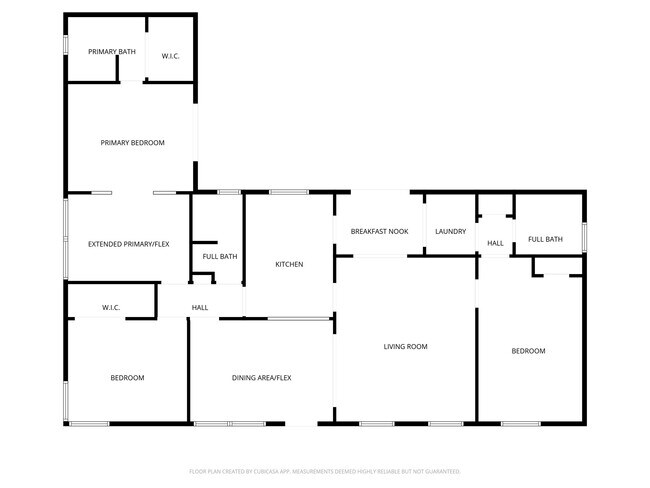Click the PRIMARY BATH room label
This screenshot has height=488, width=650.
pos(112,51)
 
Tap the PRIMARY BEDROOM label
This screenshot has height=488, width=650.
pos(132,143)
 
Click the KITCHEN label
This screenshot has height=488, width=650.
pos(289,264)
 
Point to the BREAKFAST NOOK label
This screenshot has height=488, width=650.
pos(378,232)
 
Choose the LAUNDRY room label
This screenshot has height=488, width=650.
pos(450,232)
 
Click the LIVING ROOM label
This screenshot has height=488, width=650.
pos(405,347)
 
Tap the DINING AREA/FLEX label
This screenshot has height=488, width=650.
pos(261,377)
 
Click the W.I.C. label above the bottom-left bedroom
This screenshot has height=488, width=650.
pos(111,307)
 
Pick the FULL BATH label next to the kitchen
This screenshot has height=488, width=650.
pos(220,257)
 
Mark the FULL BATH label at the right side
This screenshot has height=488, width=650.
pos(545,239)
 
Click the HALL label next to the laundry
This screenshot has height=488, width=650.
pos(495,244)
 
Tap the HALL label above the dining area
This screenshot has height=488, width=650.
pos(200,307)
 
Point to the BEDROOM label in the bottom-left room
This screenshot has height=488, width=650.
pos(127,377)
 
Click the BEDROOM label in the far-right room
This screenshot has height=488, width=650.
pos(528,351)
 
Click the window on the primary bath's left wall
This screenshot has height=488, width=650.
pos(66,45)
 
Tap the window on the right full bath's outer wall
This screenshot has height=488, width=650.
pos(585,233)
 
